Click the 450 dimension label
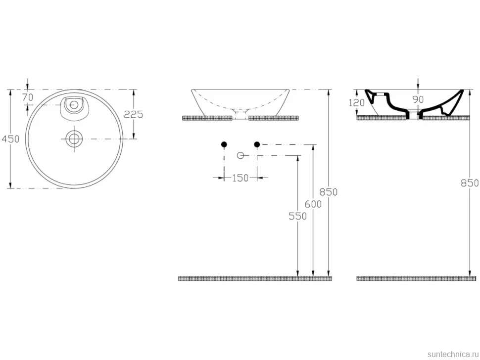point(10,139)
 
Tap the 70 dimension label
point(28,97)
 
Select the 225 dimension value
point(134,114)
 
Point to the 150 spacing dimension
point(240,178)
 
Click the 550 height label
point(297,216)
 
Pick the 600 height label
point(313,204)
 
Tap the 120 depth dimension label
point(357,102)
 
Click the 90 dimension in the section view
point(418,99)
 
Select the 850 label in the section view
point(470,183)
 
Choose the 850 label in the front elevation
point(329,192)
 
